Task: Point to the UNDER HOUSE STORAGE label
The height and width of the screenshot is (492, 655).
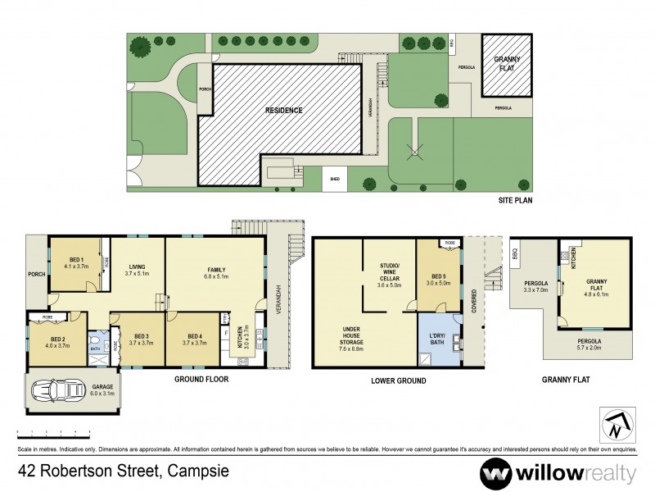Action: (x=351, y=335)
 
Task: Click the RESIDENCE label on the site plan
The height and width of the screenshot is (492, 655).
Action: (x=282, y=110)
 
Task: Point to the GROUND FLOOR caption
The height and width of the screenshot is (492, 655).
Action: (x=200, y=380)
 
